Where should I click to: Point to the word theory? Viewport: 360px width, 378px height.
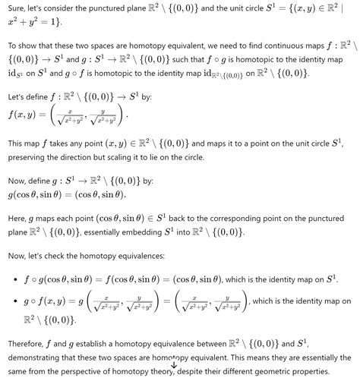162,372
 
